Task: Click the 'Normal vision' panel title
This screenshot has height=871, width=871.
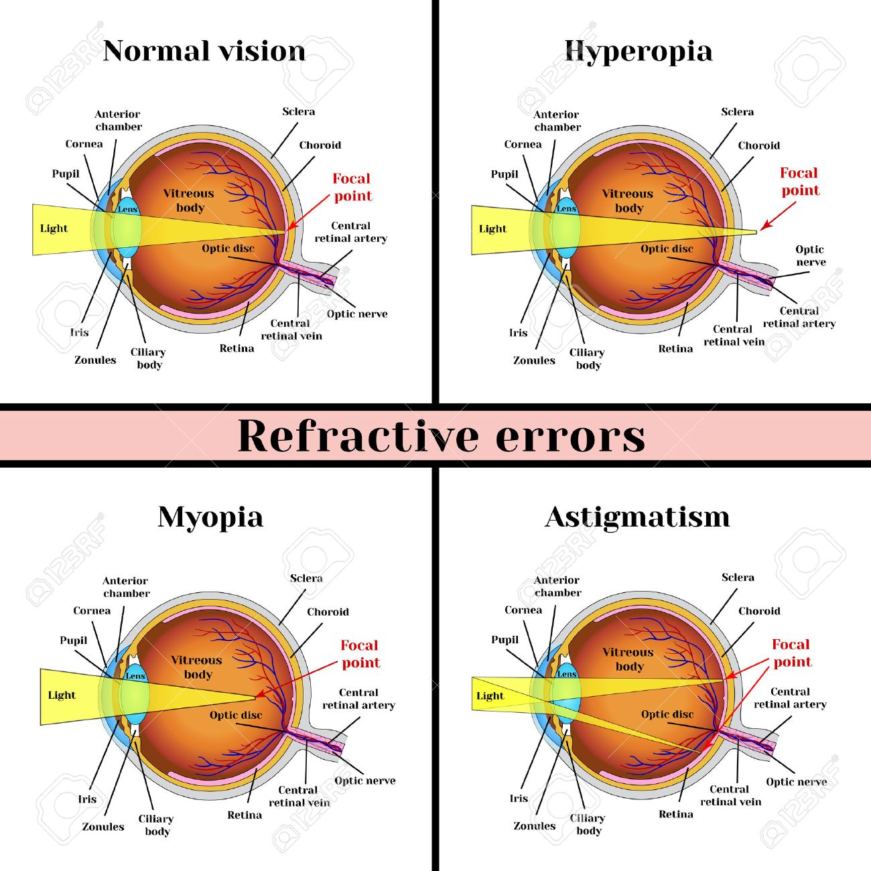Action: coord(204,52)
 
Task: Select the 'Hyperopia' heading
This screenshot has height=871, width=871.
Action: coord(638,52)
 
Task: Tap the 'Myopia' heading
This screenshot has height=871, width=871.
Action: coord(210,517)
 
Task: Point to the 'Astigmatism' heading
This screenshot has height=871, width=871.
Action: coord(637,517)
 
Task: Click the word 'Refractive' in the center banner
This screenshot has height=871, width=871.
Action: coord(358,435)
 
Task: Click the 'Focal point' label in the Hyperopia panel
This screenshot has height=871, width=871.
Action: coord(799,182)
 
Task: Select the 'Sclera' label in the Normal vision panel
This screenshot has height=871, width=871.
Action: coord(298,112)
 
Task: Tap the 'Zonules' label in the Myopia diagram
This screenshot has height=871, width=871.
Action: coord(103,827)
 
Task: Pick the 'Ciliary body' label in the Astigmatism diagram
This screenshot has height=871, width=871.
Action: coord(588,824)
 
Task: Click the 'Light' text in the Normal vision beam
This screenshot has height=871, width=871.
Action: coord(54,228)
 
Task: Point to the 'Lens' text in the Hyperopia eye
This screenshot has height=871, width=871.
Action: coord(566,209)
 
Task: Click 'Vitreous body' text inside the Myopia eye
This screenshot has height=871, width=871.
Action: coord(196,667)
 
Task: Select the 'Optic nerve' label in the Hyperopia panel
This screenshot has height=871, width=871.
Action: coord(810,255)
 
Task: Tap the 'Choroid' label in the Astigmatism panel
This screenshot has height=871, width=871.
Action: coord(759,611)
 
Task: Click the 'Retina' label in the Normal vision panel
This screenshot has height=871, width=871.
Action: coord(237,348)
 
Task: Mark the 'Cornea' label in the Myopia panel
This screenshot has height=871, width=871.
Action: coord(92,610)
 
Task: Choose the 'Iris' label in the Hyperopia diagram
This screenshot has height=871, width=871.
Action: coord(518,332)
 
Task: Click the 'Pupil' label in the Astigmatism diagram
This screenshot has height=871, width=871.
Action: coord(505,640)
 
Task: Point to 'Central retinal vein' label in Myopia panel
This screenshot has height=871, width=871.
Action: coord(299,796)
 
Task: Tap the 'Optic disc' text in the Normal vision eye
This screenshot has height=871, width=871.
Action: coord(228,249)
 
